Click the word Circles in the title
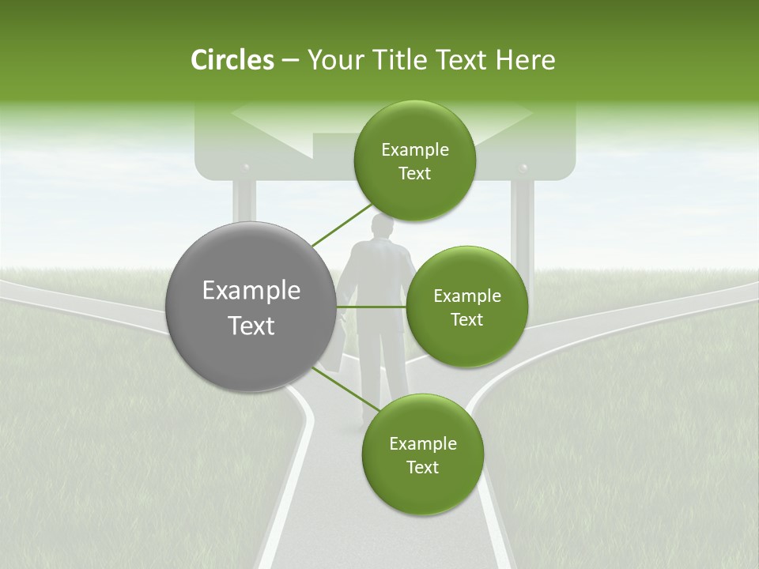(232, 60)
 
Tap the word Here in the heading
(525, 60)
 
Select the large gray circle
(251, 307)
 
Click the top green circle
(414, 160)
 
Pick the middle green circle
(466, 307)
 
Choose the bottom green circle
(422, 454)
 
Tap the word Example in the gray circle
(251, 291)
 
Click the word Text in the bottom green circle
(422, 467)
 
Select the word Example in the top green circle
(414, 149)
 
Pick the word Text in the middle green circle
(466, 319)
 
